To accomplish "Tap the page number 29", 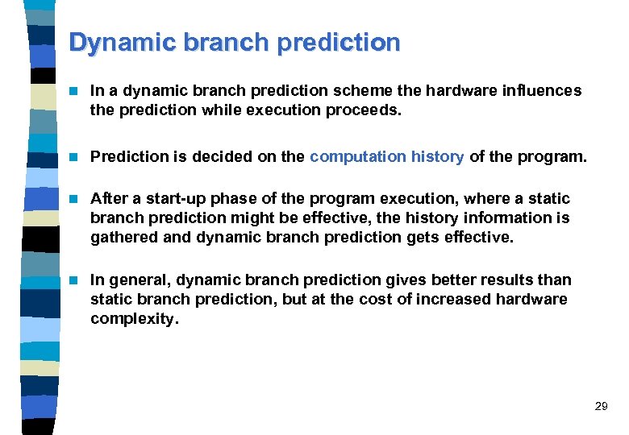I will point(601,407).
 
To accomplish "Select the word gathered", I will point(121,238).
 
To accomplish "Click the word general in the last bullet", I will point(138,280).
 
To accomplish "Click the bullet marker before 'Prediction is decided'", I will point(74,157).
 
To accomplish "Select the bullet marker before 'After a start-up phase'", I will point(74,199).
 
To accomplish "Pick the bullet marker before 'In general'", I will point(74,280).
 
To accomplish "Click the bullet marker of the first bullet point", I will point(74,91).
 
